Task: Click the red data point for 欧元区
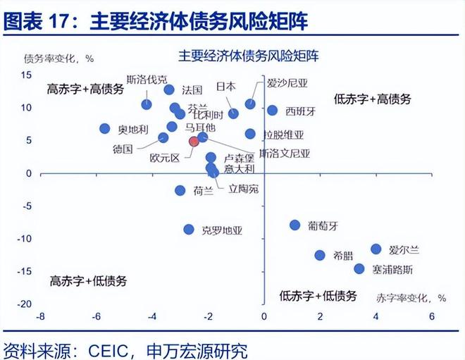(194, 142)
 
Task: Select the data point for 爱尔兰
(376, 249)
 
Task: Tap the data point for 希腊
(320, 256)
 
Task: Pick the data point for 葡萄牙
(295, 225)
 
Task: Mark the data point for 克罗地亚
(189, 229)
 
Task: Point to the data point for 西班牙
(273, 111)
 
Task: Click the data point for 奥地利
(105, 129)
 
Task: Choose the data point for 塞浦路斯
(359, 268)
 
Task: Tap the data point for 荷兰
(180, 190)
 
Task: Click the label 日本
(225, 86)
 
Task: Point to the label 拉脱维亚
(284, 134)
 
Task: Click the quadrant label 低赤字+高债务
(373, 99)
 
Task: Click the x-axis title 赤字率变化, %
(411, 297)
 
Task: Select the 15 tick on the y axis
(26, 75)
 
